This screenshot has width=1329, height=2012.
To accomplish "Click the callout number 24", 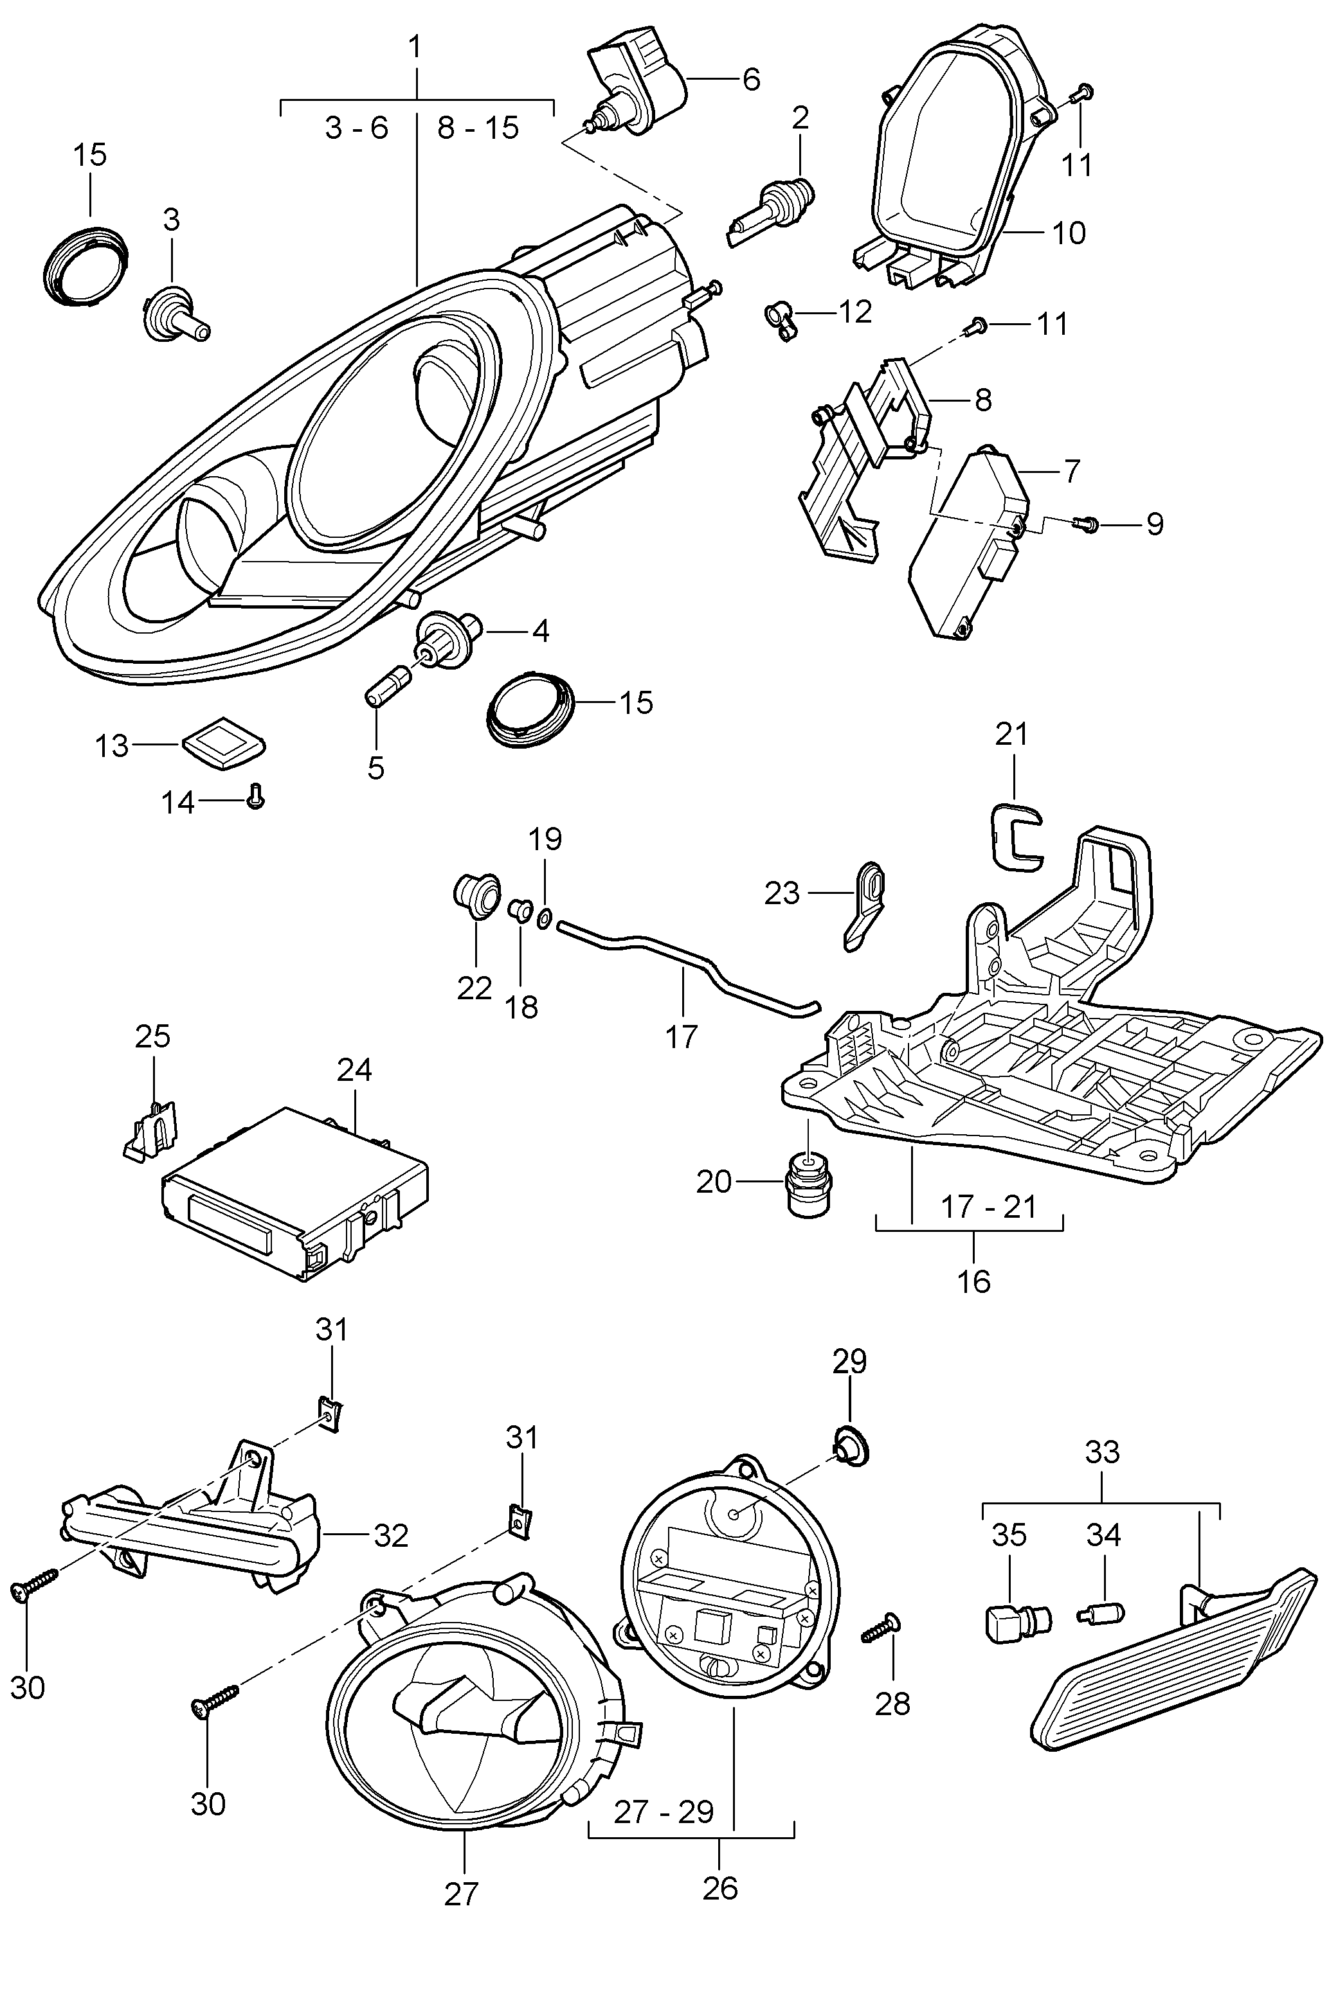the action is [354, 1070].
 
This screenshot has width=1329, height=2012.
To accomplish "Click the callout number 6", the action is [751, 79].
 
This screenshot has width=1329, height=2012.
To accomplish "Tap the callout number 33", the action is [1102, 1452].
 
